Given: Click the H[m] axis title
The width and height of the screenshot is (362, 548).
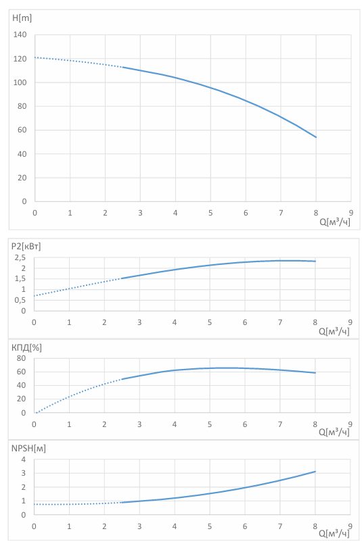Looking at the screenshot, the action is coord(22,18).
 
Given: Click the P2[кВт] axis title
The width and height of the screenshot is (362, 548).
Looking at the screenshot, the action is coord(26,247).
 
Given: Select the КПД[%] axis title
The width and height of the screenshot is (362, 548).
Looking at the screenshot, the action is coord(26,348).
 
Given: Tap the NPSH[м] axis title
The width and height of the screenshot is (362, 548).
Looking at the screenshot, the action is coord(28,449).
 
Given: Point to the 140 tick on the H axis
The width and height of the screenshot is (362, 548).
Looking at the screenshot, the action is coord(20,34).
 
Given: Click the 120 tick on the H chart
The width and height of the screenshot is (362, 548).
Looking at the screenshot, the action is coord(20,59).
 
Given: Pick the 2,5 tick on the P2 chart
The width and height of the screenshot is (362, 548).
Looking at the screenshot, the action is coord(20,258).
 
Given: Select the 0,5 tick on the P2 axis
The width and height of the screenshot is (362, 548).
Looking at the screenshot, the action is coord(20,300).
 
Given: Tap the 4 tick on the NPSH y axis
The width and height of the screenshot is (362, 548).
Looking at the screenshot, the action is coord(24,459).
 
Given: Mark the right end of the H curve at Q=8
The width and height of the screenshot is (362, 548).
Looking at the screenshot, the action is coord(316,137).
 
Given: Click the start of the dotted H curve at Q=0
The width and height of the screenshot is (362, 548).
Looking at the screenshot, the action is coord(35,57).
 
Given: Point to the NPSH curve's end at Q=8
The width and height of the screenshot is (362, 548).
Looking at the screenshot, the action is coord(315,472).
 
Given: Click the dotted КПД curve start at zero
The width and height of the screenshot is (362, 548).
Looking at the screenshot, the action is coord(35,413).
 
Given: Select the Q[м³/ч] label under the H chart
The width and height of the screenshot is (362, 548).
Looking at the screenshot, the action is coord(335,222).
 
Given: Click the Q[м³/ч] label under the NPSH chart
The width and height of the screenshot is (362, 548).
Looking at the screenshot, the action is coord(334,534).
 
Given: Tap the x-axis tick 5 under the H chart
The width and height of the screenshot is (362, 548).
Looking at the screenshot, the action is coord(210,213).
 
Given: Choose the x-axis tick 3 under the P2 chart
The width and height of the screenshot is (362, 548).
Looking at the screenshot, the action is coord(139,322).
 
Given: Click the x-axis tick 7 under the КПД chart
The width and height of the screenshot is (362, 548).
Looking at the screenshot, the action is coord(279,424).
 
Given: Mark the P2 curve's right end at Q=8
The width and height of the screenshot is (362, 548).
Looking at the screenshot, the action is coord(315,261).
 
